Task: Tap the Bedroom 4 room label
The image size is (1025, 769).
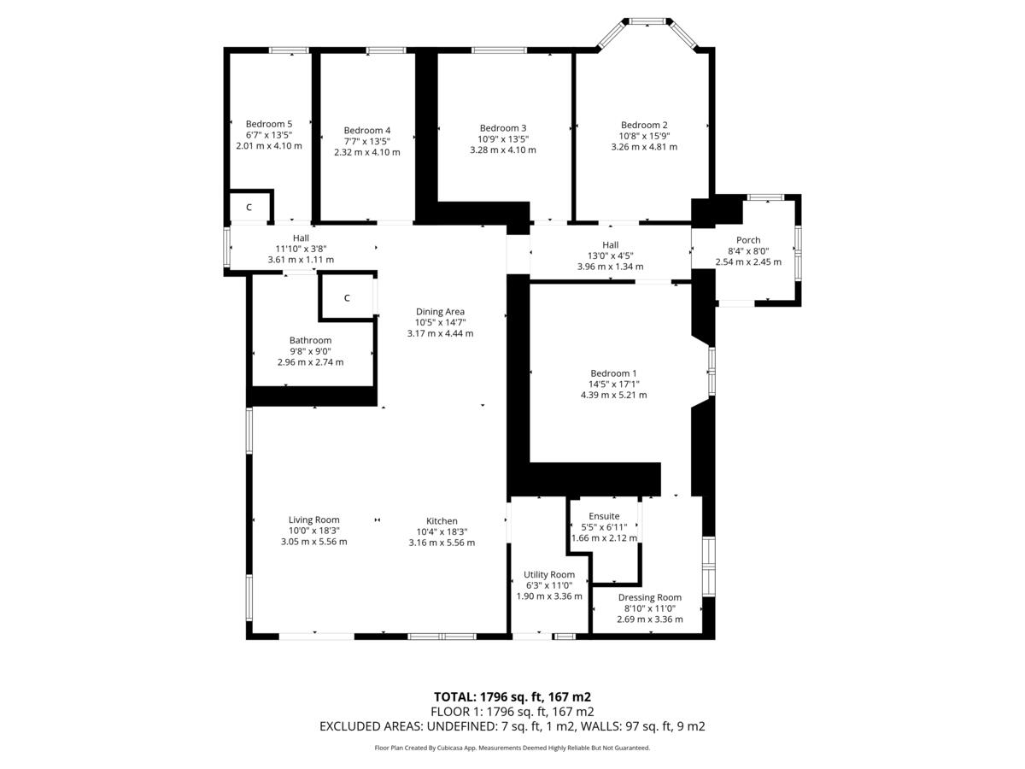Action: click(367, 131)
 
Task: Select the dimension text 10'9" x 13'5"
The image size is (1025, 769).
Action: click(503, 139)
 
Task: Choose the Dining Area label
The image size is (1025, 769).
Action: click(440, 312)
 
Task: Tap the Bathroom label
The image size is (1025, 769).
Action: click(310, 340)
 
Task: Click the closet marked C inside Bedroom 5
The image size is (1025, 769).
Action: click(249, 208)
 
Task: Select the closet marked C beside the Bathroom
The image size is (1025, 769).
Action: click(347, 298)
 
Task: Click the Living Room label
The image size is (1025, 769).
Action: click(313, 520)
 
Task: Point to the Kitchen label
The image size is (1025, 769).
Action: click(442, 521)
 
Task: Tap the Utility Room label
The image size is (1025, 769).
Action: click(549, 574)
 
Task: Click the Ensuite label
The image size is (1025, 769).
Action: click(604, 516)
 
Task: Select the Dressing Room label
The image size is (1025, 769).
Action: click(650, 597)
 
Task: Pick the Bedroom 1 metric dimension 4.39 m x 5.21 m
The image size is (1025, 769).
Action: click(613, 396)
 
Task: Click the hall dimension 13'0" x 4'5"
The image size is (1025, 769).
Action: click(610, 255)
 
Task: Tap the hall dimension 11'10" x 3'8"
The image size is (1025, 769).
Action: click(301, 249)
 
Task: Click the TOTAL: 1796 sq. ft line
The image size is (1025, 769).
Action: click(512, 696)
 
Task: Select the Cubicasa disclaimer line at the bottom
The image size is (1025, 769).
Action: click(512, 748)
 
